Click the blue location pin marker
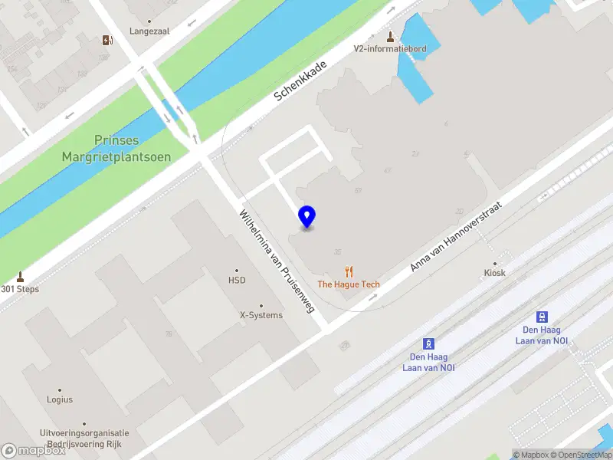pos(306,216)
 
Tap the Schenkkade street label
pos(301,81)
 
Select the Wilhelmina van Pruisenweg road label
pos(277,260)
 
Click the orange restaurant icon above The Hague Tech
pos(349,271)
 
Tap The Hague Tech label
pos(349,284)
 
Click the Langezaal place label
pos(149,31)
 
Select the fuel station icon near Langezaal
pos(106,40)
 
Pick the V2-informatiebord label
pos(390,48)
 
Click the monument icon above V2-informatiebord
pos(390,35)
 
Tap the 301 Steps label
pos(20,289)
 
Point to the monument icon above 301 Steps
pos(20,277)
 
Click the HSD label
pos(237,281)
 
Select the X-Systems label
pos(261,315)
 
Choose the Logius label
pos(59,399)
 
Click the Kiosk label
pos(495,272)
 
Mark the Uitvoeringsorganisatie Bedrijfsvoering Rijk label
pos(85,439)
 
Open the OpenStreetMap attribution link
pos(582,455)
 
